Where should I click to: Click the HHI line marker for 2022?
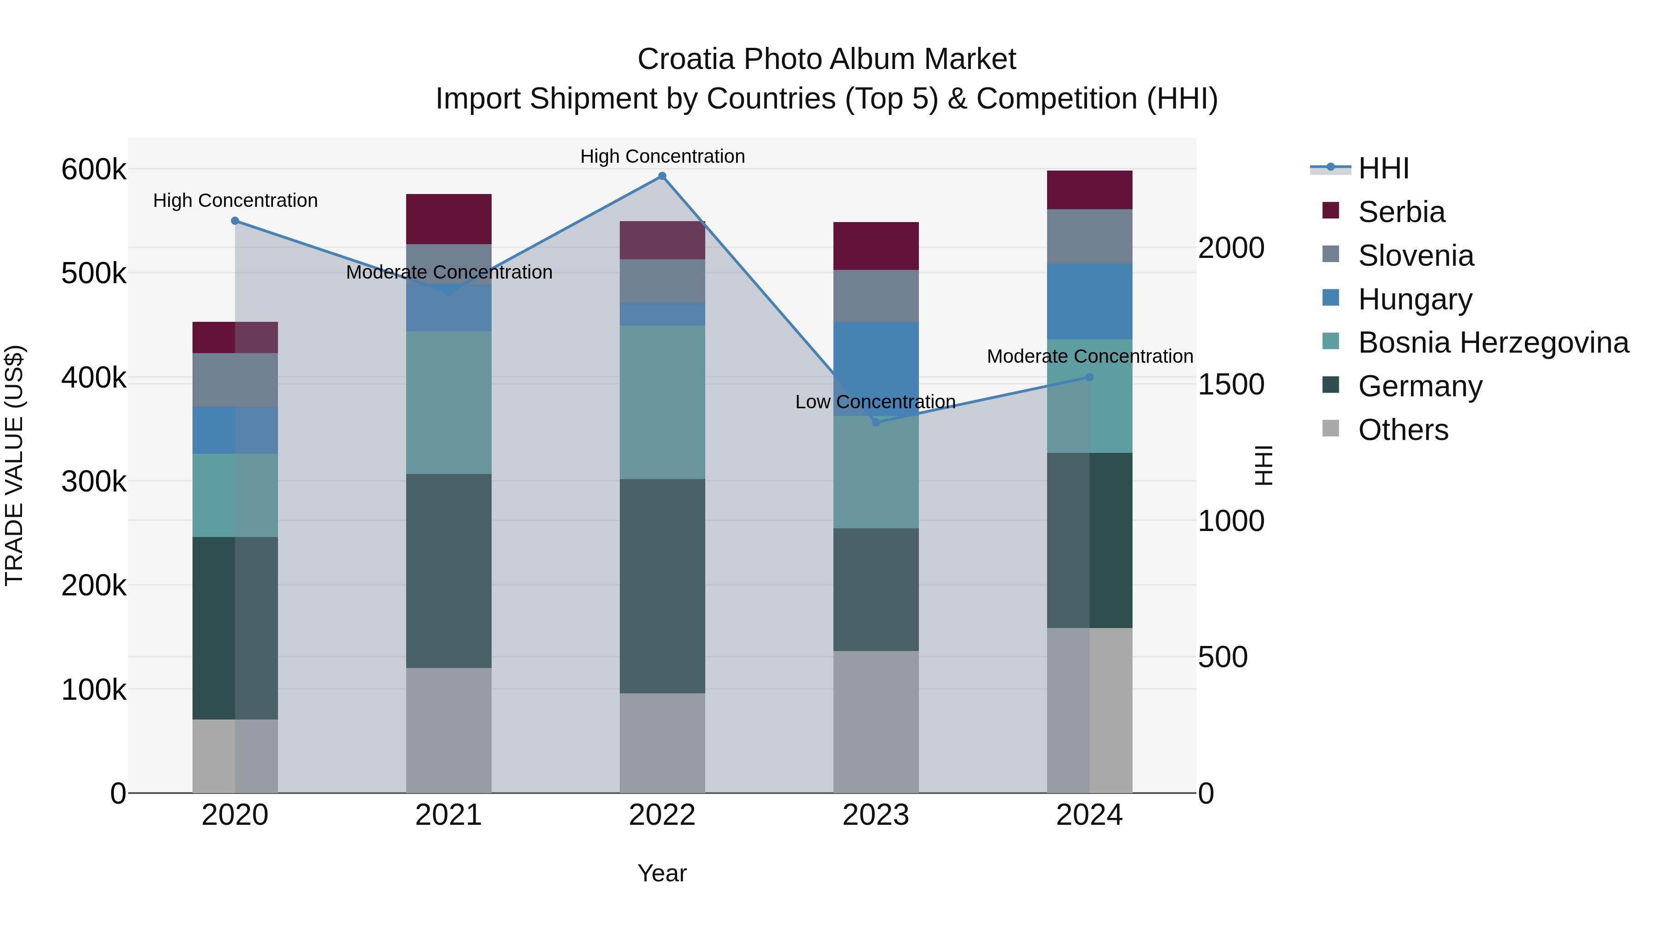662,176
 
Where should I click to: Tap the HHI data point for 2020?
235,221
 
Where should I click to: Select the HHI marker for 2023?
876,422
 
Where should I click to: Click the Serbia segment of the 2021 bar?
449,218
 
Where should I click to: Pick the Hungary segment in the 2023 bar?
876,368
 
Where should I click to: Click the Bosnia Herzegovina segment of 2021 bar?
449,403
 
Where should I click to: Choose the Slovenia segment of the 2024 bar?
1090,236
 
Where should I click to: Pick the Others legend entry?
1403,430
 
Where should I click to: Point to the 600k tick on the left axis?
94,170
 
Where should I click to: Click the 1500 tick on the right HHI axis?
1231,384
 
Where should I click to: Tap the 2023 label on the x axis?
876,815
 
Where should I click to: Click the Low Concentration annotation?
875,401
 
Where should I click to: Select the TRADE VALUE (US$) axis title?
14,465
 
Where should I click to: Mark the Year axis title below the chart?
662,873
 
